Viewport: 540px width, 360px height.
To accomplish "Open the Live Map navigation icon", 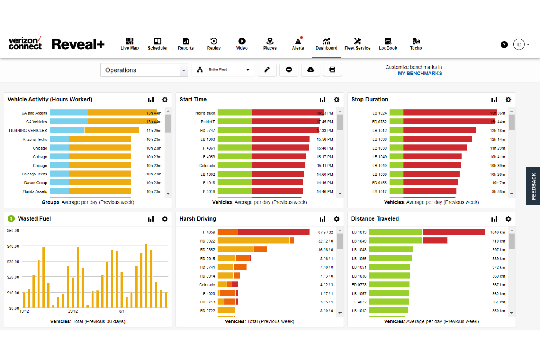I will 130,44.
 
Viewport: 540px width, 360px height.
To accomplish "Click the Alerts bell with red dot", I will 298,44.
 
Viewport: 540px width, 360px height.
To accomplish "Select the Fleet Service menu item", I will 357,44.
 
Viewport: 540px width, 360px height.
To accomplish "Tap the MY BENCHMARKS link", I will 420,74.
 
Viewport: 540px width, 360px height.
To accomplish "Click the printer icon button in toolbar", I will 332,70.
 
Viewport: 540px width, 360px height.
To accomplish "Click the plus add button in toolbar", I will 289,70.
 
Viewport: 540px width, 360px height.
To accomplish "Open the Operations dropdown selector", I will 144,70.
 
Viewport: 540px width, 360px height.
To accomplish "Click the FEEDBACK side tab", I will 533,186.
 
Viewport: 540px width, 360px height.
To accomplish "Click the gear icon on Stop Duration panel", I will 508,100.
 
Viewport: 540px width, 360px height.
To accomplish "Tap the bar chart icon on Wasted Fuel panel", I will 151,219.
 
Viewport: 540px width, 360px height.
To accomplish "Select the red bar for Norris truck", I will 288,113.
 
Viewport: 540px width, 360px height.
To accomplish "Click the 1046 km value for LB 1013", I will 497,232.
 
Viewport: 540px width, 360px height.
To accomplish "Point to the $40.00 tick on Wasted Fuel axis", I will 13,246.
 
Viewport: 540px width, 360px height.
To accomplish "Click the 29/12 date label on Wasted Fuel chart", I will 73,311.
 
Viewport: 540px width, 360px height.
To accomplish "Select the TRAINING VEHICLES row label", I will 28,131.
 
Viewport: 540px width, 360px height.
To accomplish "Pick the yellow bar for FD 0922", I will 253,241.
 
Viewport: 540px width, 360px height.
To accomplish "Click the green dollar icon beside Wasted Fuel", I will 11,218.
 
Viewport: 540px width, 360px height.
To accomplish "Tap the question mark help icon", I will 504,44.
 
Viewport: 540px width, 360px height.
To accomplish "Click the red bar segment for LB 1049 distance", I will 435,241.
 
